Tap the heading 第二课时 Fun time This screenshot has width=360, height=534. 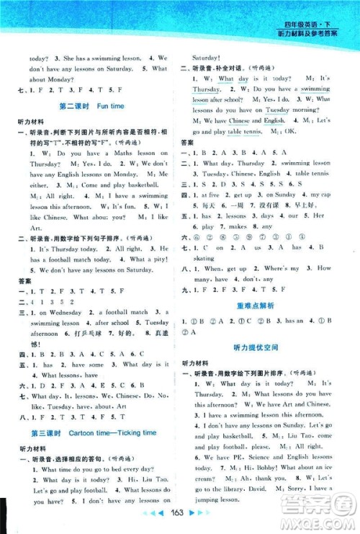point(91,106)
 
